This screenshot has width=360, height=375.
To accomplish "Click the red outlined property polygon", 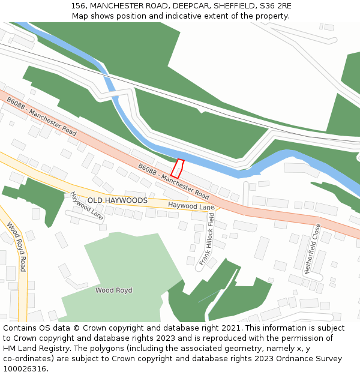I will coord(177,169).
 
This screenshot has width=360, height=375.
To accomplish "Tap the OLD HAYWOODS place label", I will coord(117,200).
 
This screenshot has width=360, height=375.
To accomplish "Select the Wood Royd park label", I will coord(113,290).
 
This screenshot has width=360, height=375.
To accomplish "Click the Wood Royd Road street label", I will coord(17,247).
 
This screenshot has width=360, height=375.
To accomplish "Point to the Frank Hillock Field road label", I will coord(207,239).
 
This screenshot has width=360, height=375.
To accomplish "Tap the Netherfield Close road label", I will coord(313,248).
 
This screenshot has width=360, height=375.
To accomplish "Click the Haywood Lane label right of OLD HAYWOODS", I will coord(191,206).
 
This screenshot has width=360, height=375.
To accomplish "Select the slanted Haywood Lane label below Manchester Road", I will coord(86,205).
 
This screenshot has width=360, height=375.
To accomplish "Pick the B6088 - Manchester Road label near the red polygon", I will coord(173,181).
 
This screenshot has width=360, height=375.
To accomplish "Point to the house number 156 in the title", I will coord(77,5).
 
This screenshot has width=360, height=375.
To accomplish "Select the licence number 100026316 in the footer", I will coord(24,369).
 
